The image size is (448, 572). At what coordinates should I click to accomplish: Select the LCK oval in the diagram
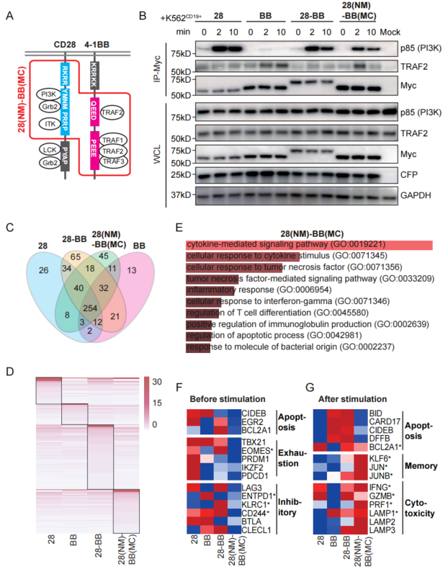coord(50,150)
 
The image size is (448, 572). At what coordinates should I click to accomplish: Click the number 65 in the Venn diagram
coord(76,256)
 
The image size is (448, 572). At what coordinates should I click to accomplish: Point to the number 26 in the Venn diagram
coord(44,271)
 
